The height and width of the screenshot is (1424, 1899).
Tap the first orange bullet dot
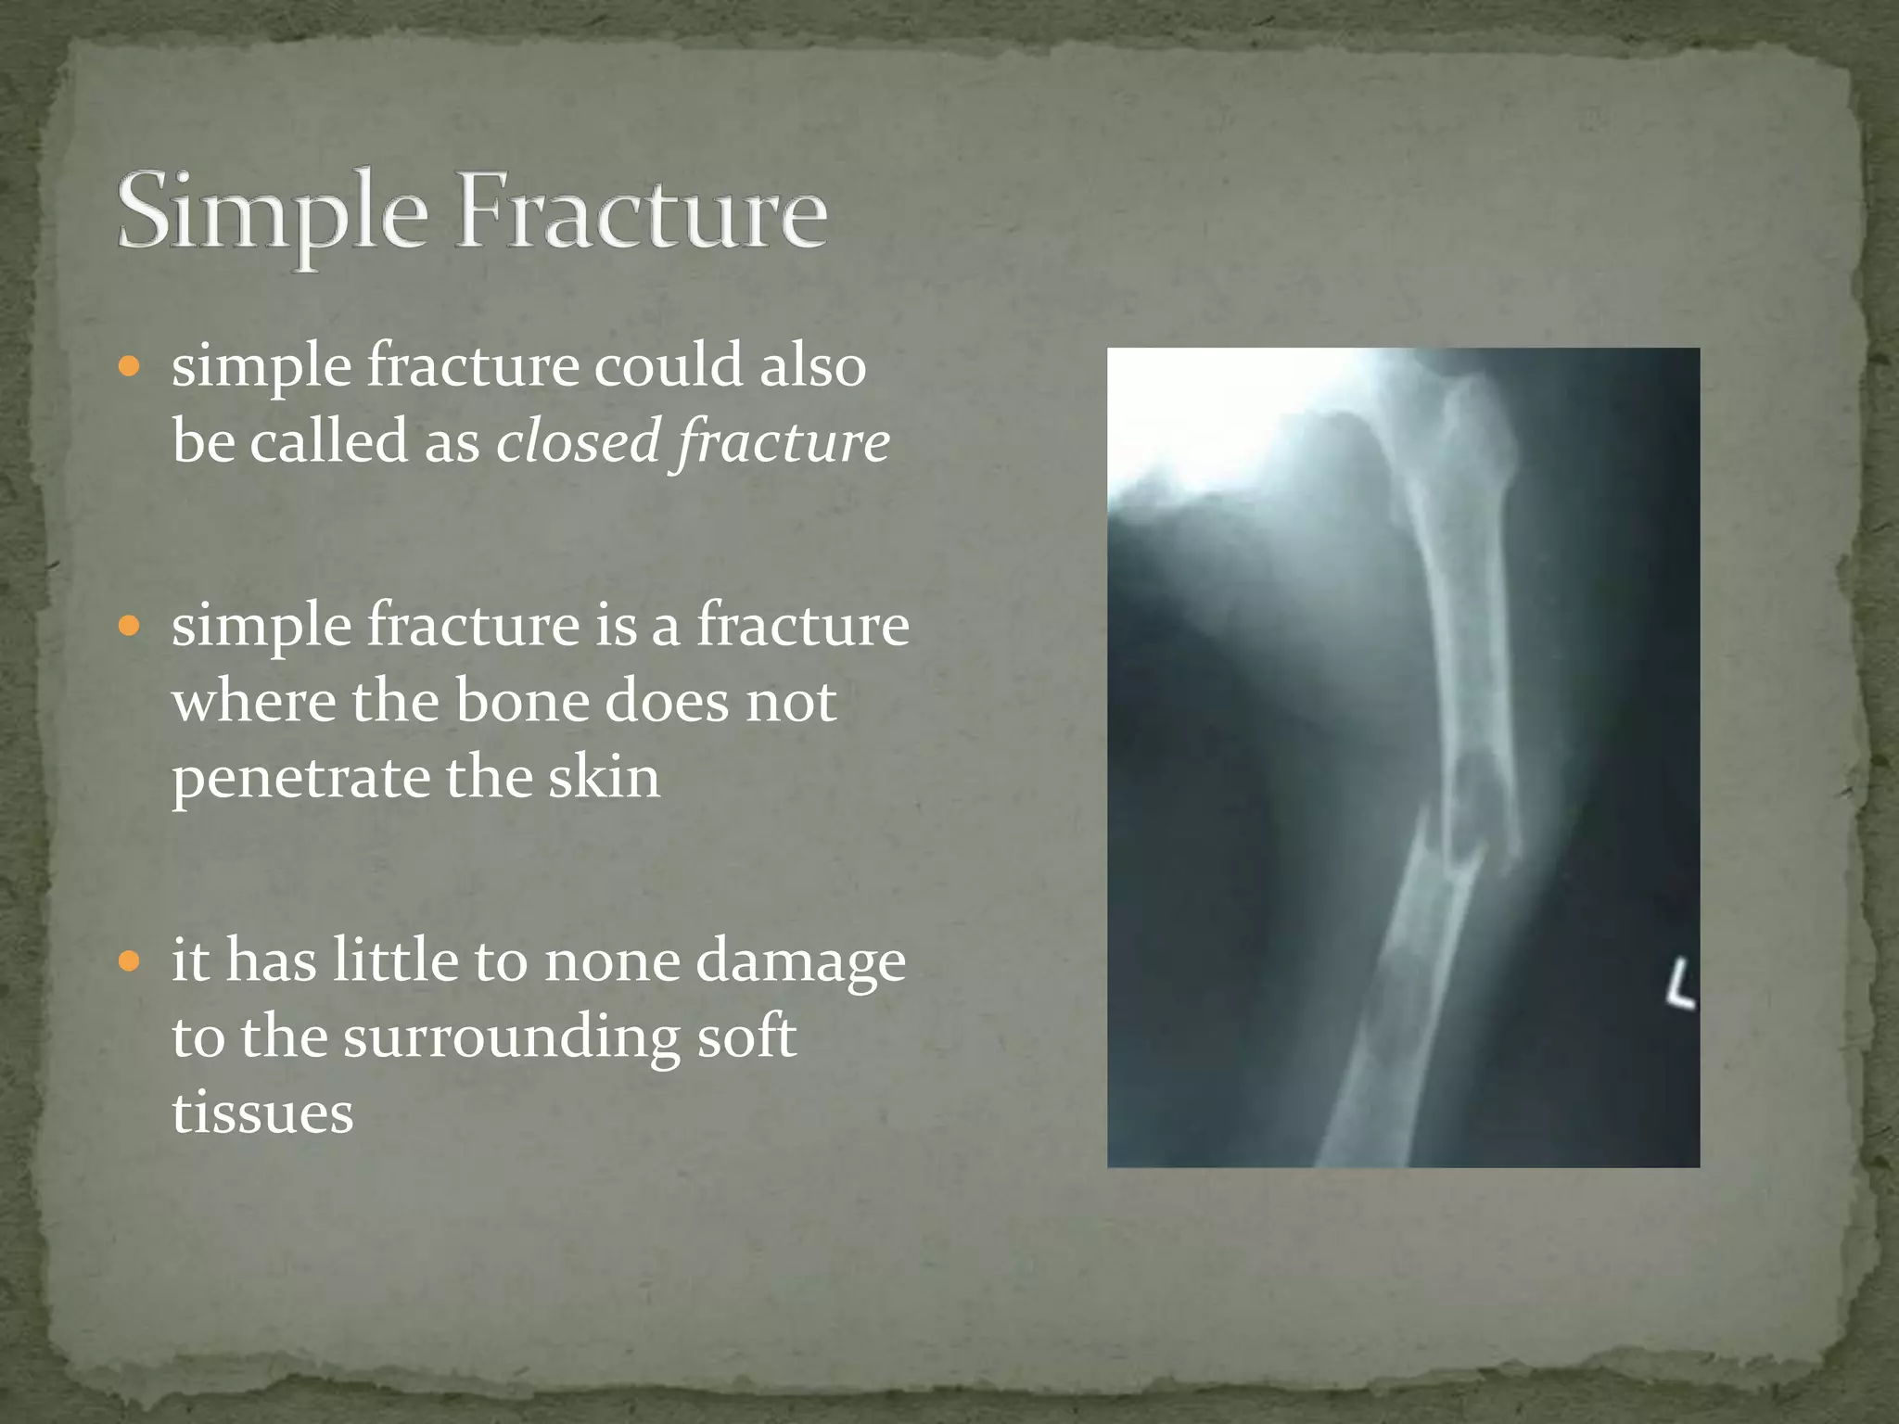[x=129, y=366]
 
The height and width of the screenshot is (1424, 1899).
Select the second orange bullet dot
[x=129, y=626]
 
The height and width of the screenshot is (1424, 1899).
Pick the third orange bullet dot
[x=129, y=960]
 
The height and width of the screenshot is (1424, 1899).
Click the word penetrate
[x=300, y=777]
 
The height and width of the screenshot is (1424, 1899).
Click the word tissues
[x=262, y=1112]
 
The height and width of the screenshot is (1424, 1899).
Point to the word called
[x=329, y=440]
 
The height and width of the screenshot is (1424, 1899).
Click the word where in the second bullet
[x=253, y=701]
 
